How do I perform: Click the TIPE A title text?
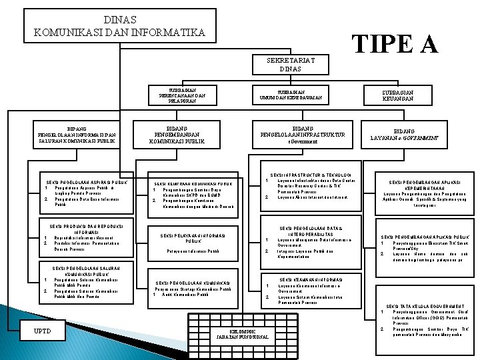[395, 43]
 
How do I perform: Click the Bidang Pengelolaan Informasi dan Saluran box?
[81, 135]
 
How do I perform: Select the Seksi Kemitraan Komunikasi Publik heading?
[193, 183]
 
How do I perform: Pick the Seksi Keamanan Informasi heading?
[311, 280]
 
